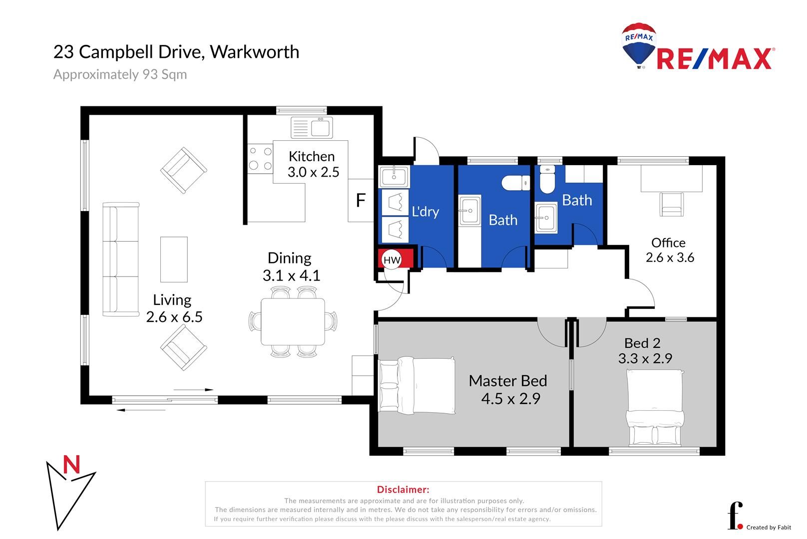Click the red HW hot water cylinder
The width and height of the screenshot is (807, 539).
tap(396, 258)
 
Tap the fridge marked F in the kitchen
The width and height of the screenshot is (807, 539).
tap(361, 200)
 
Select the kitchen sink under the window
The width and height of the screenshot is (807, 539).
tap(312, 127)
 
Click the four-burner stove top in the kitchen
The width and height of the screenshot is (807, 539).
tap(260, 158)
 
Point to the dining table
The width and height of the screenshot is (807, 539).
tap(293, 321)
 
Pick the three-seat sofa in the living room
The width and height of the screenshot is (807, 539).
tap(121, 259)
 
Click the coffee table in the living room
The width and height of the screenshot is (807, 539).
tap(174, 259)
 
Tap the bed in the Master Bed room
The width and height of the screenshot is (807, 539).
tap(417, 385)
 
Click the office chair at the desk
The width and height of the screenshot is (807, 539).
tap(672, 204)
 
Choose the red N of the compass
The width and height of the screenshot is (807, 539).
tap(71, 465)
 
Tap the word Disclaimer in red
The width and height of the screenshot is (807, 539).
tap(403, 489)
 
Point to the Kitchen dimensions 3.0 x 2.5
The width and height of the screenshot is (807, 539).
tap(313, 172)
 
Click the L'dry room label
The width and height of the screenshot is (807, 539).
tap(425, 211)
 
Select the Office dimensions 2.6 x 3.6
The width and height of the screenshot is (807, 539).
tap(670, 258)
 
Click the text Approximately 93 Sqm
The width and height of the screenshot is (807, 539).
tap(120, 74)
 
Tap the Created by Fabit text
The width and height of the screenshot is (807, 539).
tap(769, 528)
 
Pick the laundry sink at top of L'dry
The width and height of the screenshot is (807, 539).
tap(394, 177)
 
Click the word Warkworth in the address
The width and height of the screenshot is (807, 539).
tap(254, 52)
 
